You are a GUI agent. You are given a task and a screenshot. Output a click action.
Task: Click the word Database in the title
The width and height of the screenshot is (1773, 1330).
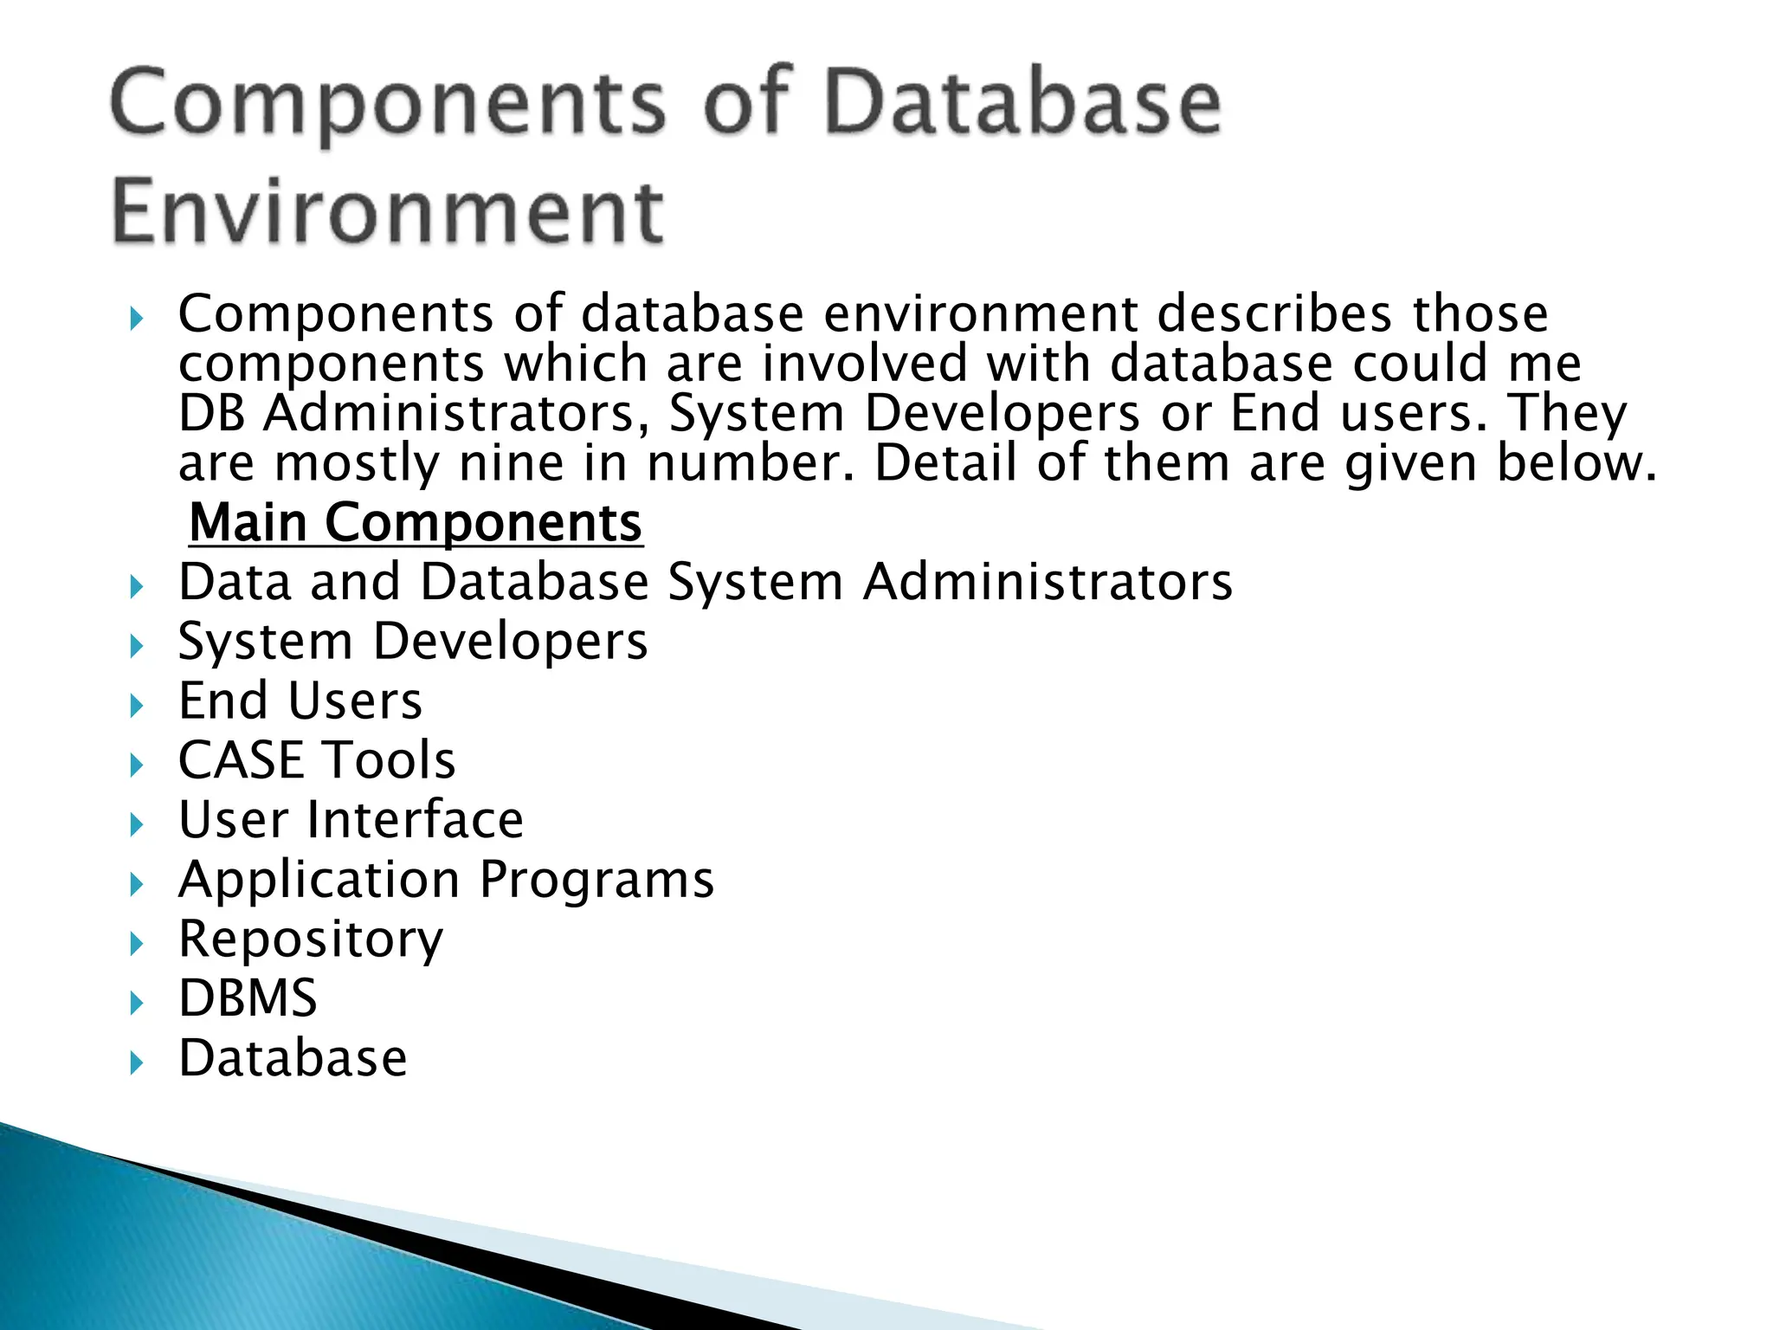point(1022,104)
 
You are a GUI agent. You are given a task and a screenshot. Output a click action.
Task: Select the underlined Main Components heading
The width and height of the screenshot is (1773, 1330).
point(416,523)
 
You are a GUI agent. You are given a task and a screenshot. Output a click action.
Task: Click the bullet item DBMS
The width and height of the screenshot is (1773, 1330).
point(248,998)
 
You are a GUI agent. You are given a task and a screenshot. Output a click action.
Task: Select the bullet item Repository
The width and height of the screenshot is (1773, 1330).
point(310,939)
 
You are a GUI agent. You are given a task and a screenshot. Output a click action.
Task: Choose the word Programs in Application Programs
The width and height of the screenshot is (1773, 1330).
point(596,880)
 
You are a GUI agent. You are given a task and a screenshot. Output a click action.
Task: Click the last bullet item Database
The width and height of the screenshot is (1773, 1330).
point(293,1058)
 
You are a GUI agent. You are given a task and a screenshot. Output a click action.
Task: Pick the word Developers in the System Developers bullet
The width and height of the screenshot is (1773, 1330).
point(510,642)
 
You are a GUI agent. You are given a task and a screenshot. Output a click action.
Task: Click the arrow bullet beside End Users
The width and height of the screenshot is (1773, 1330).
point(136,706)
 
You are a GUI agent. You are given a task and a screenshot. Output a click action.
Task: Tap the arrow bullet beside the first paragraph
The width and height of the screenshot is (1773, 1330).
point(136,319)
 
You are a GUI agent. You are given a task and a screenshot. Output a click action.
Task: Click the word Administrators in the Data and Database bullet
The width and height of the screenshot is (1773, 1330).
point(1048,582)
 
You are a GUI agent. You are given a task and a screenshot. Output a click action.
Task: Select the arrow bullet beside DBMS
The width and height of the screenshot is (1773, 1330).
point(136,1004)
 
